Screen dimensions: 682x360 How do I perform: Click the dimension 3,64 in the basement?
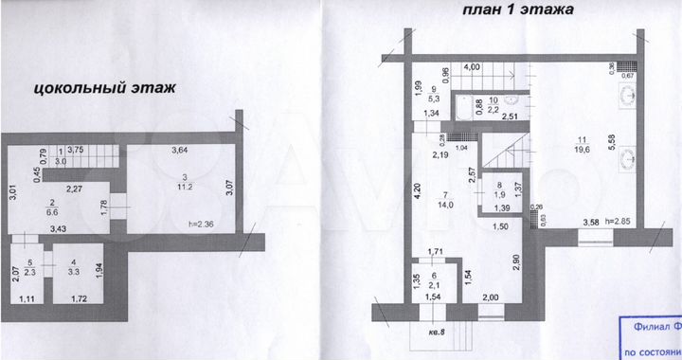click(x=179, y=150)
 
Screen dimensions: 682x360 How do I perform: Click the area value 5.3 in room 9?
click(x=434, y=97)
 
